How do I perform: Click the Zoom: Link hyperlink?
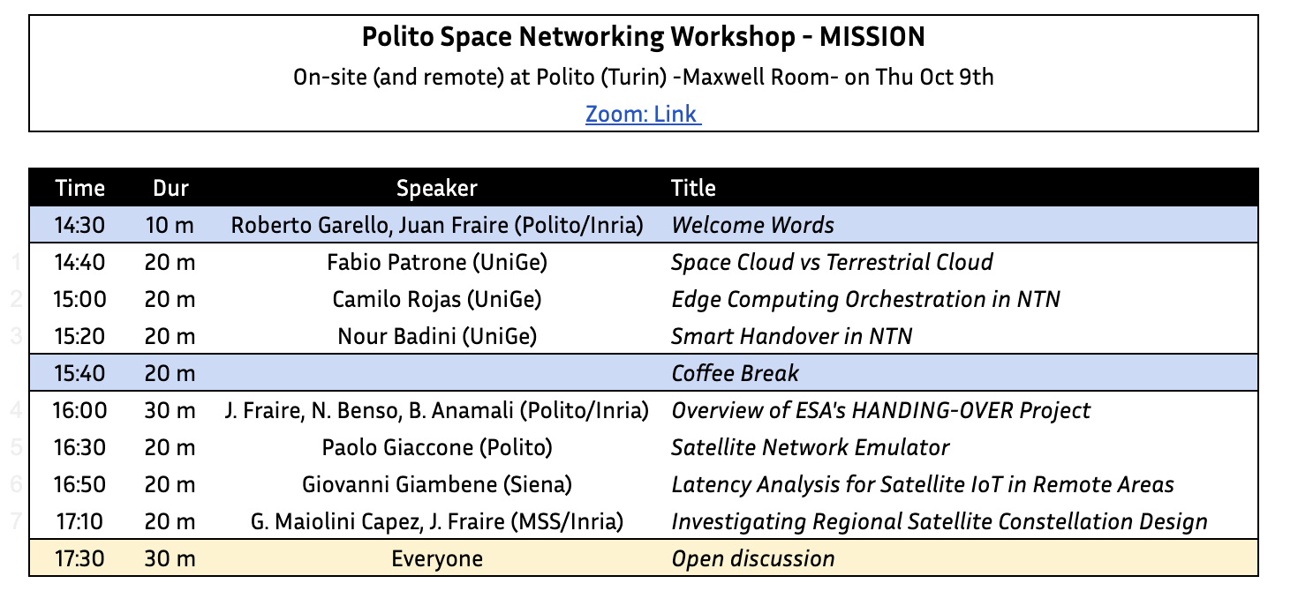pos(643,114)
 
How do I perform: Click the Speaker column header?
pos(437,188)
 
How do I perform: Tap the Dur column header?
pos(171,188)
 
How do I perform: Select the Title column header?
pos(693,188)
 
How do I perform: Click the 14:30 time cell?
pos(80,225)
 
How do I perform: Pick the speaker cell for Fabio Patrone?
pos(437,262)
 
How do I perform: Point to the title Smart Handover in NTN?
pos(791,336)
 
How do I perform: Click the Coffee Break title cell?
pos(735,373)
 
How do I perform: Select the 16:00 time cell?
pos(80,410)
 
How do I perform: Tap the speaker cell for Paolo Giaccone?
pos(437,447)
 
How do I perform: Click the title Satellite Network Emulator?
pos(810,447)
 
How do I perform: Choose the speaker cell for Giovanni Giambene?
pos(437,484)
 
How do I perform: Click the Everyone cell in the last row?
pos(437,558)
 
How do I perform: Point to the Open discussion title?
pos(752,558)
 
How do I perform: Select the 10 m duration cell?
pos(170,225)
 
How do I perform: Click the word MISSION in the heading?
pos(872,37)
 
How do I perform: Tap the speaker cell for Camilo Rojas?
pos(437,299)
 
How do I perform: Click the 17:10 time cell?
pos(80,521)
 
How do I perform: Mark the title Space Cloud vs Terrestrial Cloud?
pos(832,262)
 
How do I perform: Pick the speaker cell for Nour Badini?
pos(437,336)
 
